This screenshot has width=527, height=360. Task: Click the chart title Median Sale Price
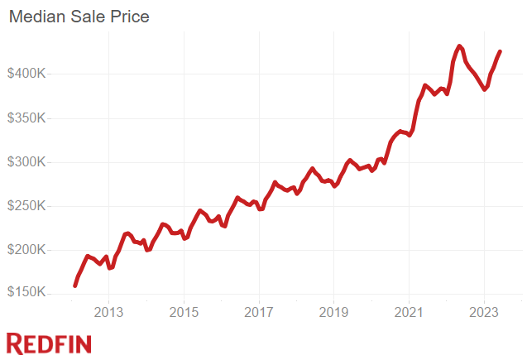79,17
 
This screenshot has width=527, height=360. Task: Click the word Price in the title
130,17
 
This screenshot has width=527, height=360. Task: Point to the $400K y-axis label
30,74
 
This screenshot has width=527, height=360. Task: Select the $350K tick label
30,118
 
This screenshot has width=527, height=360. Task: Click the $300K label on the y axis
30,161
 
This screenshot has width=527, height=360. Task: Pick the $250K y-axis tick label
30,206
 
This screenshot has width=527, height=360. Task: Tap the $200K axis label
30,250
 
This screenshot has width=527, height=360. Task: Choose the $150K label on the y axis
30,294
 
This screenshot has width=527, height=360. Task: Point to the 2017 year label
259,313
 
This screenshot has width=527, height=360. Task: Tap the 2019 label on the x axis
333,313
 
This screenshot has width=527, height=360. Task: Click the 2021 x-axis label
409,313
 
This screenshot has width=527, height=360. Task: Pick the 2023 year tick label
483,313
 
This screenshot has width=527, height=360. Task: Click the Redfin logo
49,343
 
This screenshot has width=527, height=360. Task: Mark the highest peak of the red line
459,46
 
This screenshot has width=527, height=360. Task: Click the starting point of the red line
75,286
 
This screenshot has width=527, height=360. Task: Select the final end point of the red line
500,52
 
